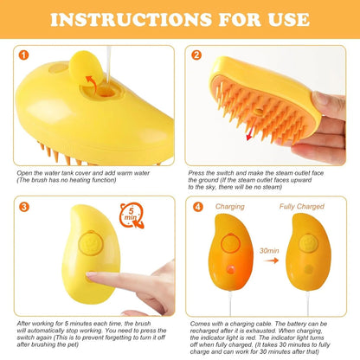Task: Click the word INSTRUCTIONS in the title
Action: click(121, 19)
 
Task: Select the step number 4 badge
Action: click(197, 207)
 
